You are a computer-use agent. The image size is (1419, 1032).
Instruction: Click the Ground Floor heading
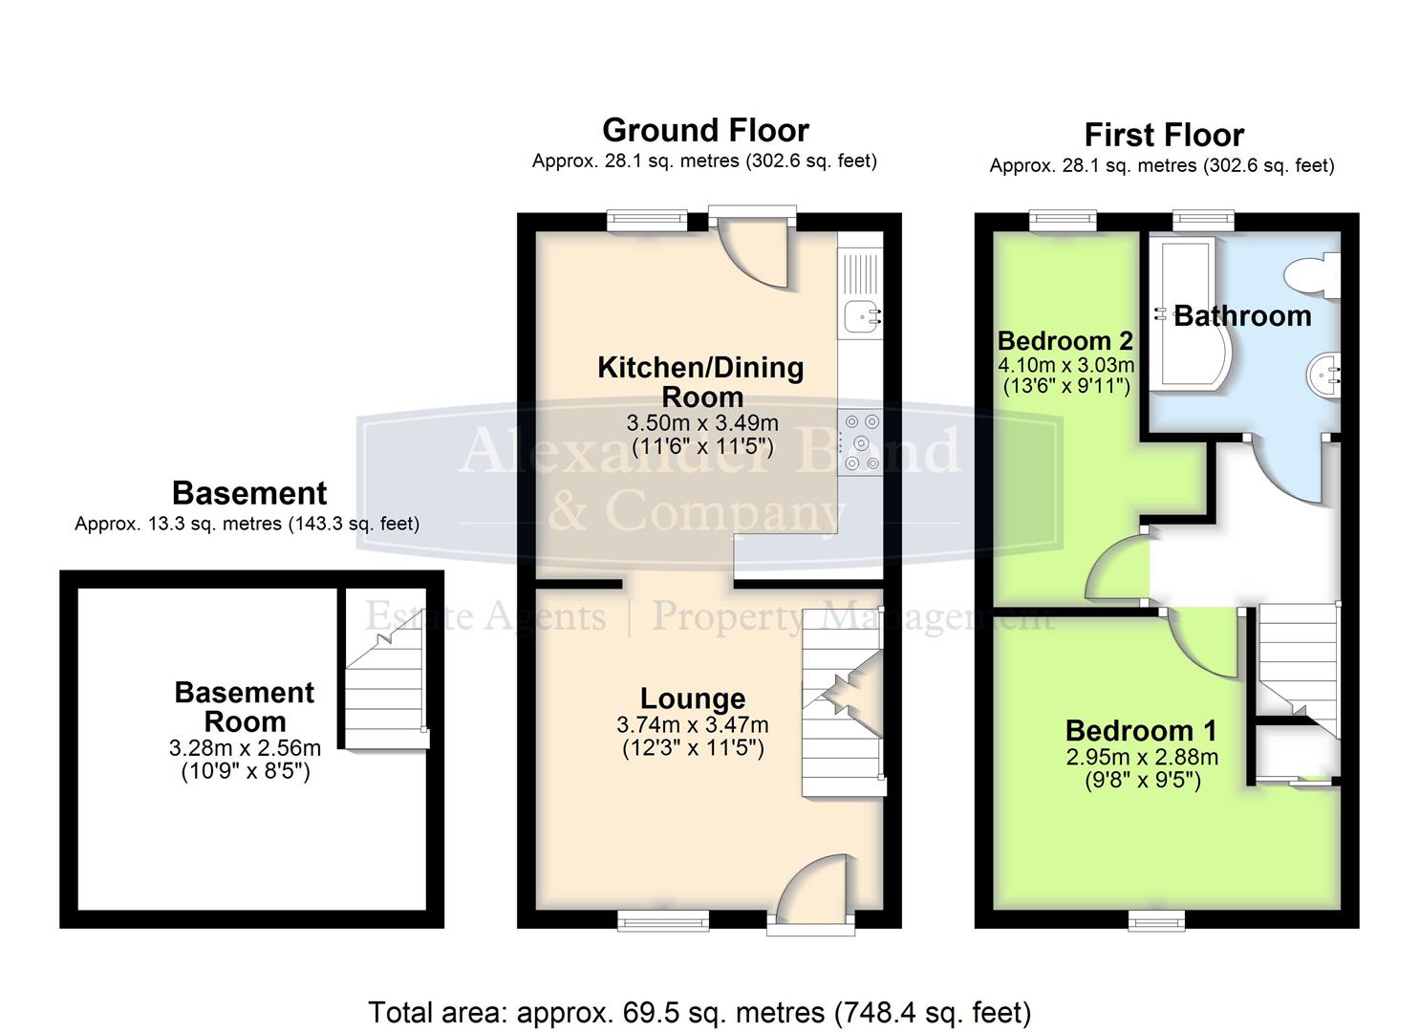click(705, 130)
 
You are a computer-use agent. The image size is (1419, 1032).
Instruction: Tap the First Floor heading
click(1163, 135)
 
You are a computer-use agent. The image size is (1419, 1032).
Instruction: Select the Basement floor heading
click(249, 493)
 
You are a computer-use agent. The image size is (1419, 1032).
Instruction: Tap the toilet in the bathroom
click(1315, 275)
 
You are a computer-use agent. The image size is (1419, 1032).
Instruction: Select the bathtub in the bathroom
click(1190, 315)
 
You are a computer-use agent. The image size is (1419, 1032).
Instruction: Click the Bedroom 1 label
click(1141, 731)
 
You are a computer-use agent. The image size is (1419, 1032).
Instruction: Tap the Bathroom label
click(1242, 316)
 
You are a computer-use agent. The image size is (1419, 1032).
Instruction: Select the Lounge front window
click(663, 919)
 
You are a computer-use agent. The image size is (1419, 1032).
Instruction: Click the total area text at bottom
click(699, 1012)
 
